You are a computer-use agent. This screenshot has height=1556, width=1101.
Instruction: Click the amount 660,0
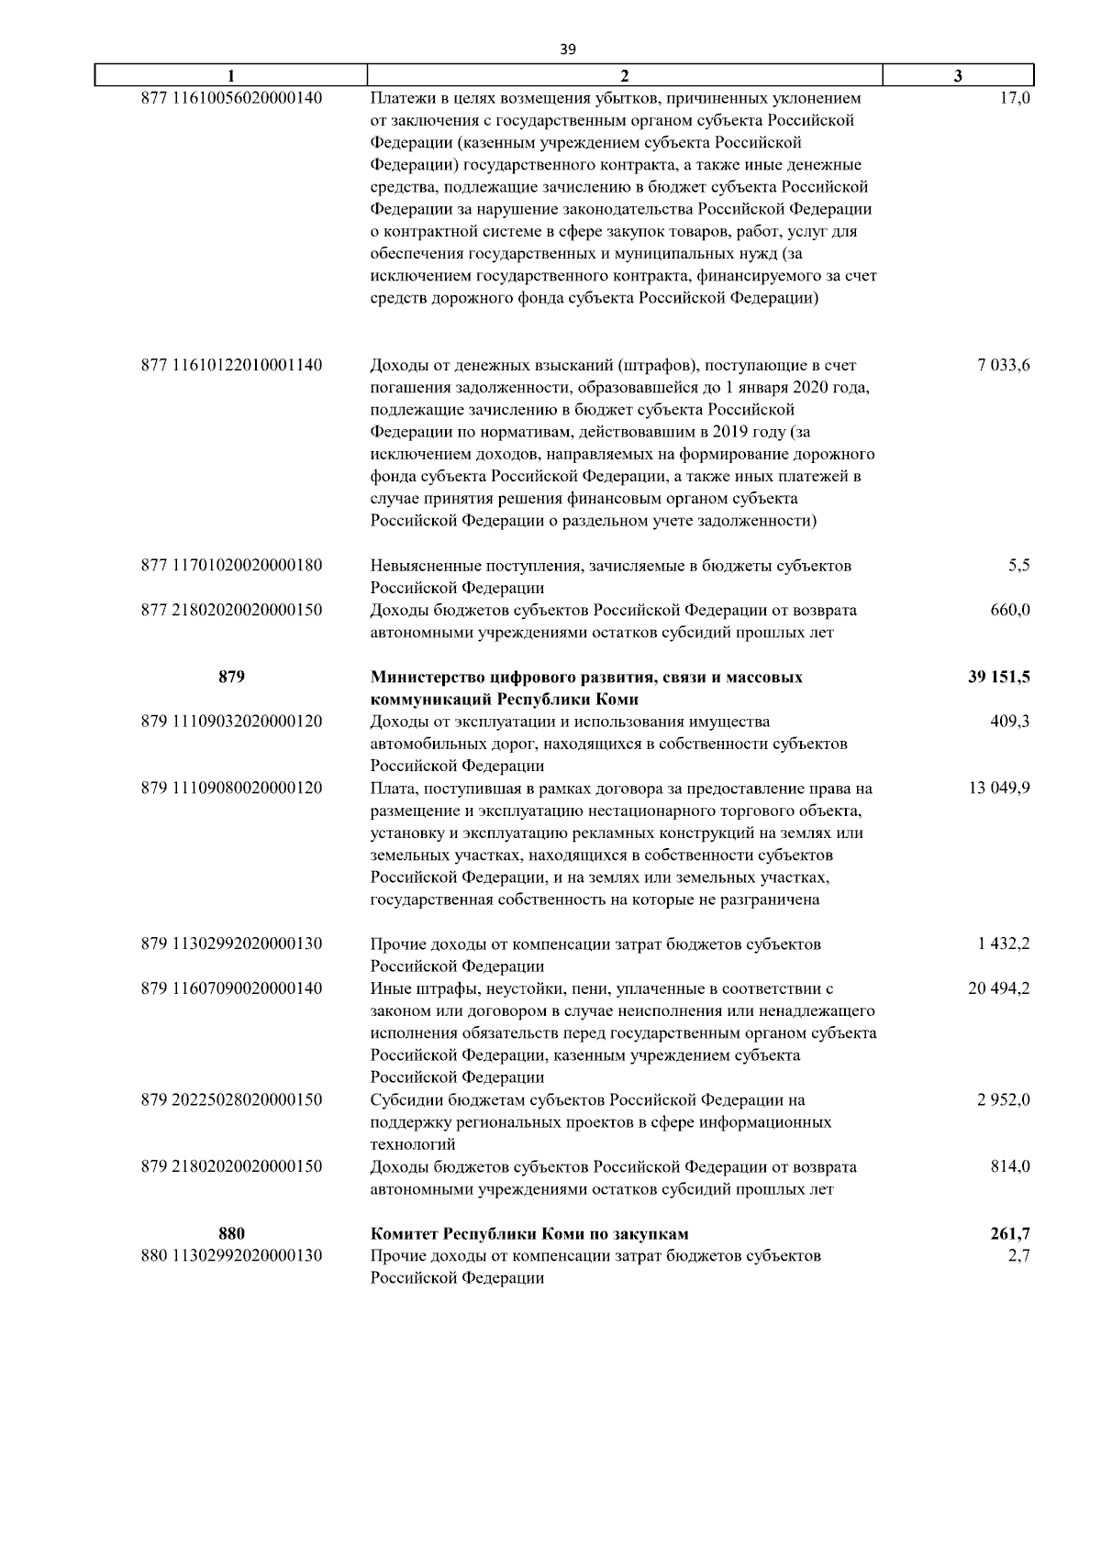point(1010,611)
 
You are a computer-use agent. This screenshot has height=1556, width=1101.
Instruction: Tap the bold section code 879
point(231,678)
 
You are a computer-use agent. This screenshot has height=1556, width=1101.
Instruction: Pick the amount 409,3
point(1010,723)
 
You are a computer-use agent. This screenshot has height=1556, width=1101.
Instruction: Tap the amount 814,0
point(1010,1167)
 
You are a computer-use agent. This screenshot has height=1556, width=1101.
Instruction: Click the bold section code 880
point(231,1234)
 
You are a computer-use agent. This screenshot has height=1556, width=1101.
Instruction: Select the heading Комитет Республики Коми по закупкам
point(529,1234)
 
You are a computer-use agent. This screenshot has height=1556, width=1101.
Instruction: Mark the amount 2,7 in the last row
point(1018,1256)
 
